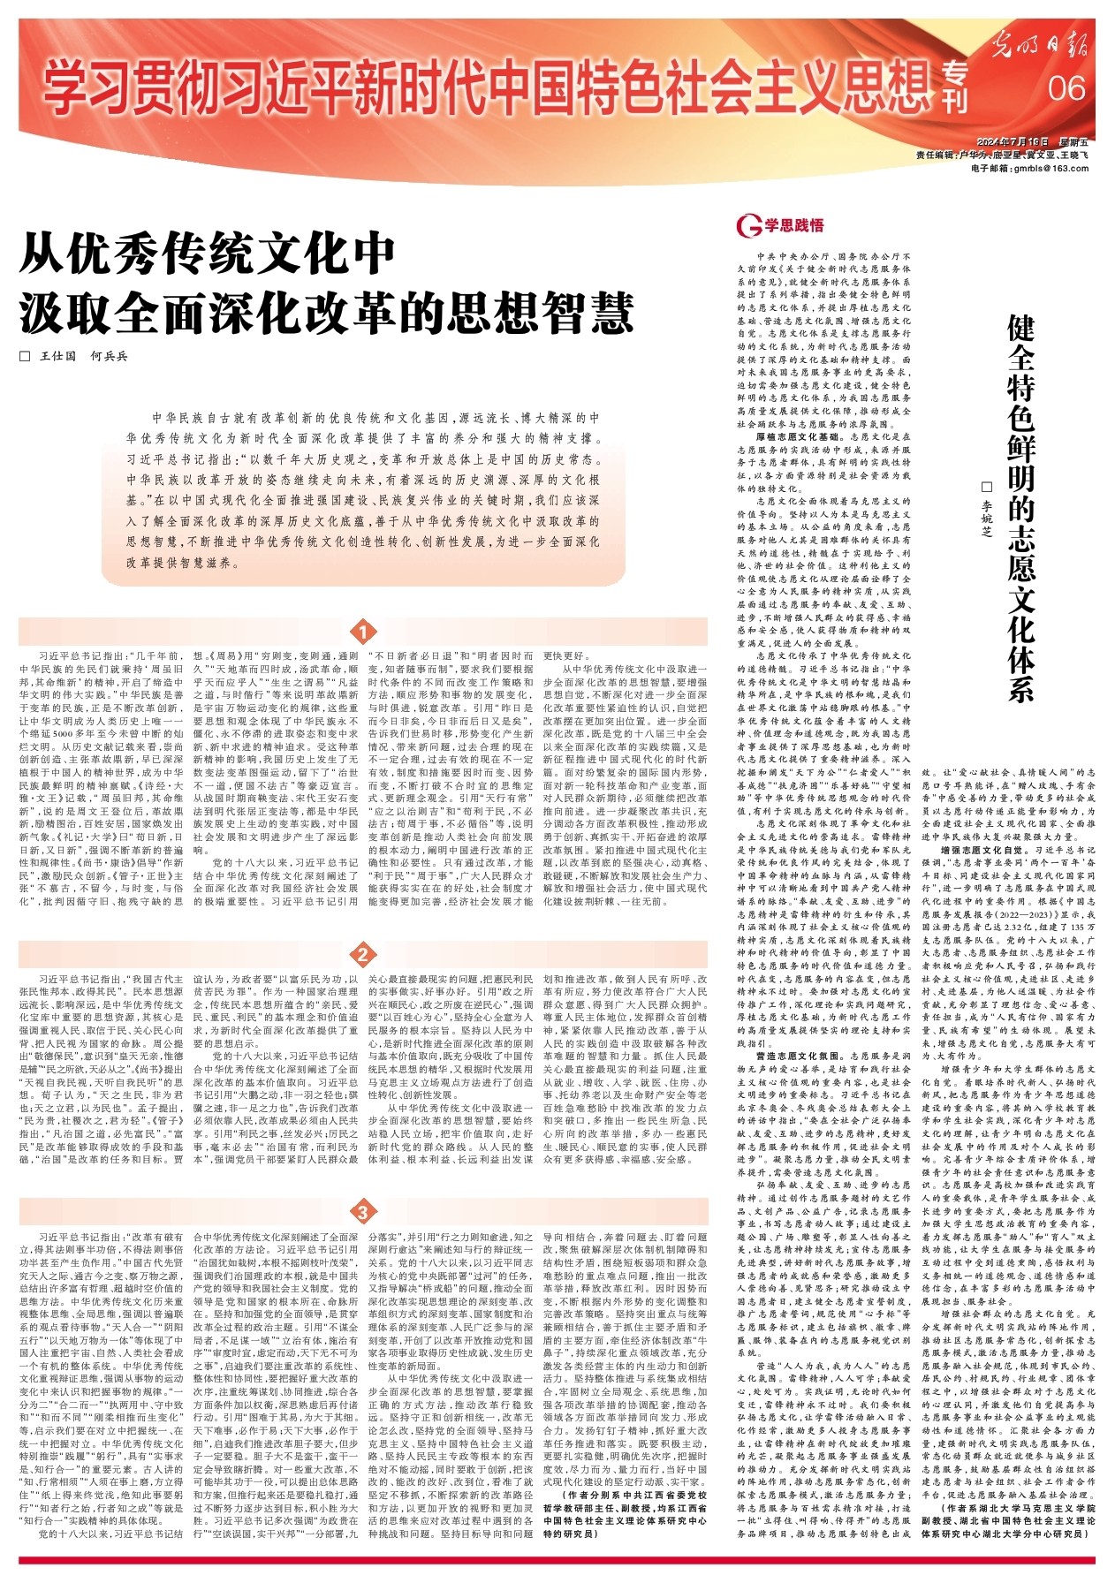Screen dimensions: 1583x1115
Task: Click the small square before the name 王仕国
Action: coord(25,356)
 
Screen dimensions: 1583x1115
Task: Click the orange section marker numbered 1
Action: coord(363,632)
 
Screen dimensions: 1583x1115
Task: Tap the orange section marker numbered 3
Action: coord(363,1210)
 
